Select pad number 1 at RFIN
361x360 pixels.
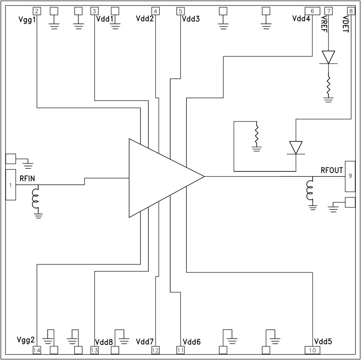coord(11,185)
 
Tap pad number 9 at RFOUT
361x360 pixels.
coord(350,176)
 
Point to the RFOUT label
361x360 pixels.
coord(332,170)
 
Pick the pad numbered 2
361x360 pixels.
coord(37,11)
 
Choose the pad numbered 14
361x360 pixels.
coord(37,349)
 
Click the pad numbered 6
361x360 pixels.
coord(312,11)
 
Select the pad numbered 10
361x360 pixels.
coord(312,349)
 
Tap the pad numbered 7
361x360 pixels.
coord(329,11)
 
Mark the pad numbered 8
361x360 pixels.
coord(351,11)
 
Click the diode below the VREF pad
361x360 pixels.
coord(329,57)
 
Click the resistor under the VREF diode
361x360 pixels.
coord(329,85)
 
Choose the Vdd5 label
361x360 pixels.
coord(323,342)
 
